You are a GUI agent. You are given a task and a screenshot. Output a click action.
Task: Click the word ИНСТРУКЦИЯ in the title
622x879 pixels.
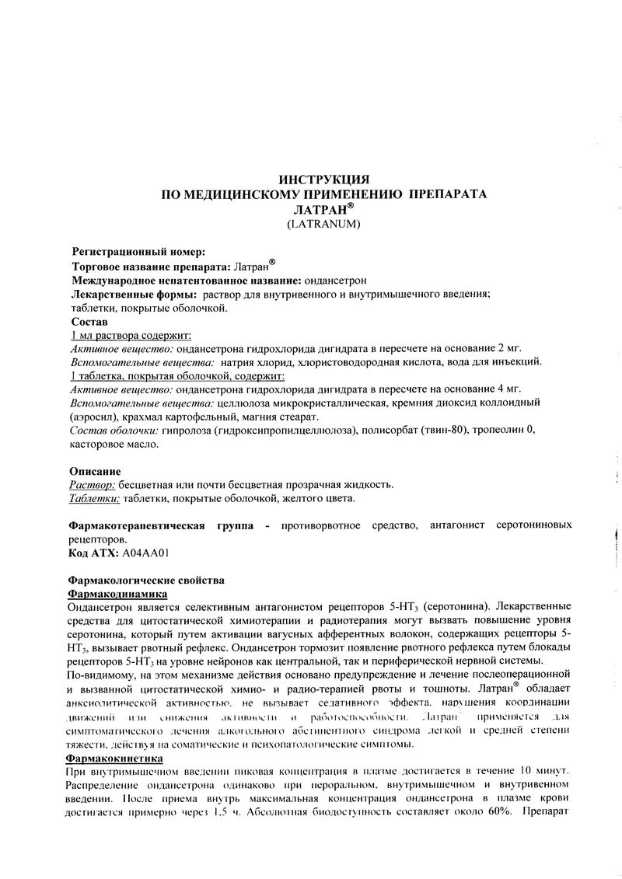click(x=323, y=180)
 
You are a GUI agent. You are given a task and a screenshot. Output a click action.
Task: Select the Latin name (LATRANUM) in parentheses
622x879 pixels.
click(x=323, y=223)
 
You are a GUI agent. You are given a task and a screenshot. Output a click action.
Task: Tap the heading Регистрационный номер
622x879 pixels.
click(x=139, y=252)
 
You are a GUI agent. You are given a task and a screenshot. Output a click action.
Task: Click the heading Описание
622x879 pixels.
click(x=95, y=471)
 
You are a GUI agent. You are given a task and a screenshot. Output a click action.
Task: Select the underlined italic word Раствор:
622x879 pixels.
click(x=93, y=485)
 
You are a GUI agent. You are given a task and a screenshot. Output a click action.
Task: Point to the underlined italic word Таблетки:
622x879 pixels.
click(x=96, y=499)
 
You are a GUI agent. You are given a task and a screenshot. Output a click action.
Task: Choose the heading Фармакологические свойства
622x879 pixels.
click(x=147, y=580)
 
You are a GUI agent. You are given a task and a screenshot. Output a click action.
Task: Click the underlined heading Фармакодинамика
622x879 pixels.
click(x=119, y=593)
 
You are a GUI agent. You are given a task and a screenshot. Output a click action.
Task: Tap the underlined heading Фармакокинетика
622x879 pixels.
click(x=116, y=756)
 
